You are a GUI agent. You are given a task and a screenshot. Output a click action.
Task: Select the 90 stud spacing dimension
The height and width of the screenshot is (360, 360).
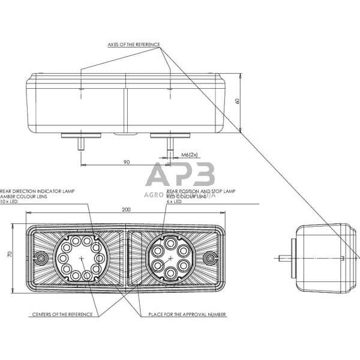(127, 162)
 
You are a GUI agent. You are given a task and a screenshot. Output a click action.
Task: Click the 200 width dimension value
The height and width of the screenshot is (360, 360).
(125, 210)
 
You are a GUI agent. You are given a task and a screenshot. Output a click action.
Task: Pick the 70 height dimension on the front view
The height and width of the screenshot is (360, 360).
(10, 254)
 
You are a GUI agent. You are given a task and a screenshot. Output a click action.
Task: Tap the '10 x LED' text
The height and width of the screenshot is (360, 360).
(10, 202)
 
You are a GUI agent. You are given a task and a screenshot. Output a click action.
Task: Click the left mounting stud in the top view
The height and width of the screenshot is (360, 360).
(80, 144)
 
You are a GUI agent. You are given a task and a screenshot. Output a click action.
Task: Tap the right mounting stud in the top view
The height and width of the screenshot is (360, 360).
(170, 144)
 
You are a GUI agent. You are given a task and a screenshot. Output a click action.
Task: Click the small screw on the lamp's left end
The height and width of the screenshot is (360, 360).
(41, 259)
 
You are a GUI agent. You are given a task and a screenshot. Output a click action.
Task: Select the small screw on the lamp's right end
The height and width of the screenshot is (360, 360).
(209, 259)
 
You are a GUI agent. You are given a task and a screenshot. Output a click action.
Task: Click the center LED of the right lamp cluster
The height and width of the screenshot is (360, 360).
(170, 257)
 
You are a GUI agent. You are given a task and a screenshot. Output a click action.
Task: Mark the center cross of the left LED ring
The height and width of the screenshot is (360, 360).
(81, 258)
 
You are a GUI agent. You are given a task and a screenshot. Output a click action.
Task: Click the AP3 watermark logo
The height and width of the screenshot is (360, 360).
(180, 175)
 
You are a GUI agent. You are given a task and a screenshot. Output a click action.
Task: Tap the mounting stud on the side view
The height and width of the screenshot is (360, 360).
(284, 258)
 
